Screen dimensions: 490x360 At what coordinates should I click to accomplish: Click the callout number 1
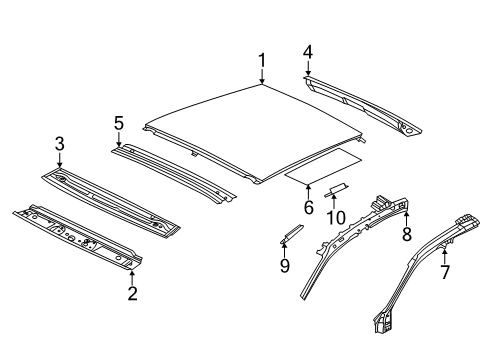(x=262, y=60)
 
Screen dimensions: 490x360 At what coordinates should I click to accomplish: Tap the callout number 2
(x=133, y=293)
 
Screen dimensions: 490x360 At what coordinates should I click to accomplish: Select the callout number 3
(x=60, y=144)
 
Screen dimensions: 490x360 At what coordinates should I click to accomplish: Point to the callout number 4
(x=308, y=52)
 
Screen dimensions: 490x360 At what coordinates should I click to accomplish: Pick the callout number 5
(x=119, y=123)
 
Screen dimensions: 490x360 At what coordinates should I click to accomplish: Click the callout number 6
(x=309, y=207)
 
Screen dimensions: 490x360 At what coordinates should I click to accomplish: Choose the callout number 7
(x=445, y=272)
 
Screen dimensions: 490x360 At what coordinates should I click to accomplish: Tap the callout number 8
(x=407, y=233)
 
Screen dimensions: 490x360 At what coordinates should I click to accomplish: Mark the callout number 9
(x=284, y=265)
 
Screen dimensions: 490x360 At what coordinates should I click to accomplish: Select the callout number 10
(x=335, y=217)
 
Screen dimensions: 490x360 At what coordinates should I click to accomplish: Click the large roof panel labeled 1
(x=253, y=133)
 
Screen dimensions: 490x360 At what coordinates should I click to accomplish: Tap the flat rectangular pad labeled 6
(x=323, y=166)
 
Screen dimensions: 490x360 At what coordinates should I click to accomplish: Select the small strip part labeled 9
(x=292, y=233)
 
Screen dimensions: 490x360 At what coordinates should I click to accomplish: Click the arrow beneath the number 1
(x=262, y=77)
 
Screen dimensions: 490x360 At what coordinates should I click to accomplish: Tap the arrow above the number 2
(x=132, y=278)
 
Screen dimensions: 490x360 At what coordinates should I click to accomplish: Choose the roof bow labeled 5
(x=173, y=173)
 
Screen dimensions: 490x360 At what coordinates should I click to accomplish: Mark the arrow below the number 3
(x=60, y=160)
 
